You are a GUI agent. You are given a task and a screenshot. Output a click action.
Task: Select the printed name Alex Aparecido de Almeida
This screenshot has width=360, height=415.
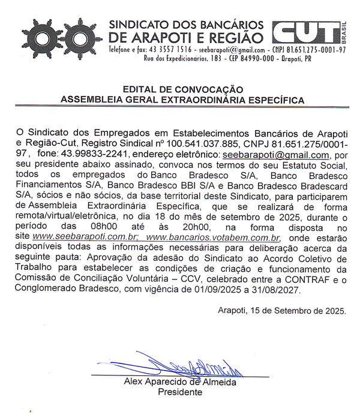(x=180, y=382)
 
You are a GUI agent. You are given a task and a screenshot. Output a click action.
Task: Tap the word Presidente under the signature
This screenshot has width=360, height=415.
(x=180, y=393)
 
